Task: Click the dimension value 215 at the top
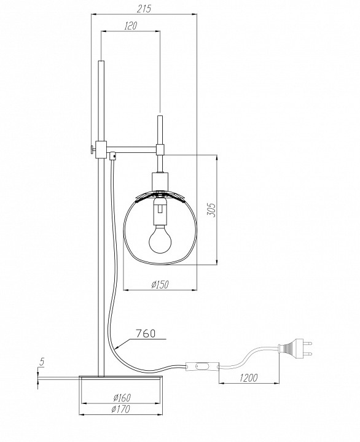point(143,8)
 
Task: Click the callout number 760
point(145,335)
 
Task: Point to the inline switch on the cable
point(202,368)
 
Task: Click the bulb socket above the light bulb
point(159,212)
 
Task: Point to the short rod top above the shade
point(160,118)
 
